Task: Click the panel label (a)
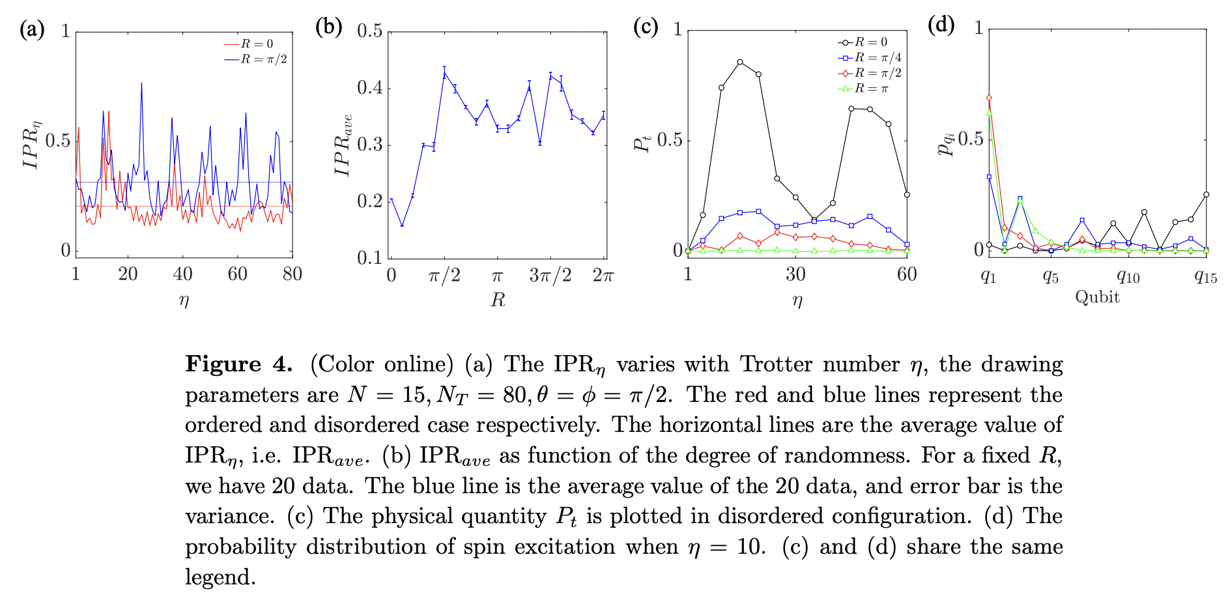point(32,29)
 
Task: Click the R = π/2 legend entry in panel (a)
point(256,59)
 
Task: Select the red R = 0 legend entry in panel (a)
point(250,44)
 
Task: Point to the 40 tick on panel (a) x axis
point(182,274)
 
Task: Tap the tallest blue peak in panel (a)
point(141,83)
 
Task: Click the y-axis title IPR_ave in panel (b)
point(343,145)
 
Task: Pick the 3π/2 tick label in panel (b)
point(550,276)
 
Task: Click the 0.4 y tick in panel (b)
point(370,88)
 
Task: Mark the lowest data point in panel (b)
point(402,225)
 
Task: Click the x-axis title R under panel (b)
point(498,300)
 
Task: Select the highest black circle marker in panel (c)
point(740,62)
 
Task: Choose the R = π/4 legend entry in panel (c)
point(871,57)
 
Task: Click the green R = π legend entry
point(865,89)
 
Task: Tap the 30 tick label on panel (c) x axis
point(795,274)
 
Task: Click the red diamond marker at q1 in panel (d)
point(989,98)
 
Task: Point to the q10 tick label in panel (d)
point(1128,276)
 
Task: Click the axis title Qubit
point(1097,297)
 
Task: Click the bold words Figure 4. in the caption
point(238,364)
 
